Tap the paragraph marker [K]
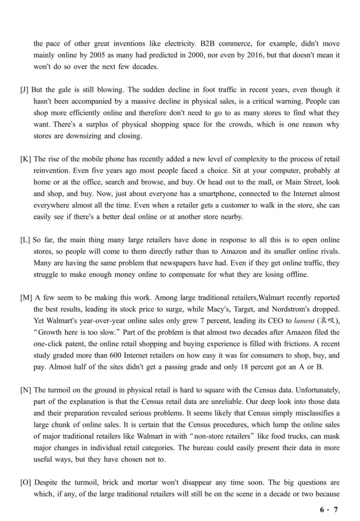point(26,159)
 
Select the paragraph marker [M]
point(26,298)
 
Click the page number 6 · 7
point(328,510)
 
